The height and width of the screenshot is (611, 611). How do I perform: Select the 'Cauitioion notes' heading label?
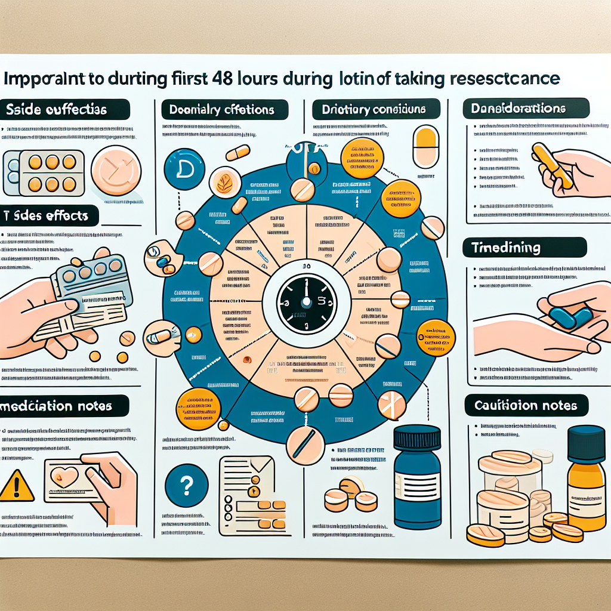coord(526,406)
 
